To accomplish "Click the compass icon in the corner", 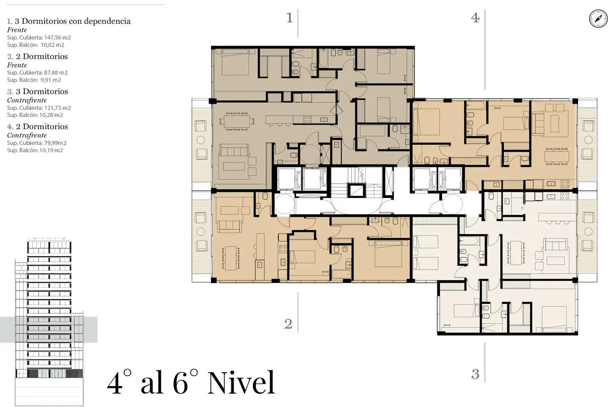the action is pos(598,19).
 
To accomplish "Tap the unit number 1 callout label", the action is pos(290,18).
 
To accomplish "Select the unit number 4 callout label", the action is pos(475,18).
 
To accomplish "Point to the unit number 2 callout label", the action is pos(288,324).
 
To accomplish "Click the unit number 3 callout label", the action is pos(475,374).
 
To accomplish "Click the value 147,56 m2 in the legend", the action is pos(57,38).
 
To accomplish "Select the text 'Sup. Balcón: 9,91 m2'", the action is pos(34,80).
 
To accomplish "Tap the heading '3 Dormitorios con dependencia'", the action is pos(73,21).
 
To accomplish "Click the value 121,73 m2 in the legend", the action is pos(57,108).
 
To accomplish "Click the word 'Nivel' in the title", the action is pos(241,383).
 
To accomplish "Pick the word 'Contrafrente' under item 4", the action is pos(27,136).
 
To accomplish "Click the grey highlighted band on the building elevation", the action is pos(48,329).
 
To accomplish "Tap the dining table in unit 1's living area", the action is pos(237,121).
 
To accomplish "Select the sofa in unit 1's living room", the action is pos(234,150).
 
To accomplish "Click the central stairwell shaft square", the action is pos(356,191).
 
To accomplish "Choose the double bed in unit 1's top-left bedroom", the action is pos(235,62).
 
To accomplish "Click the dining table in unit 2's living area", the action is pos(231,258).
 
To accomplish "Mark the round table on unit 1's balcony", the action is pos(200,140).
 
